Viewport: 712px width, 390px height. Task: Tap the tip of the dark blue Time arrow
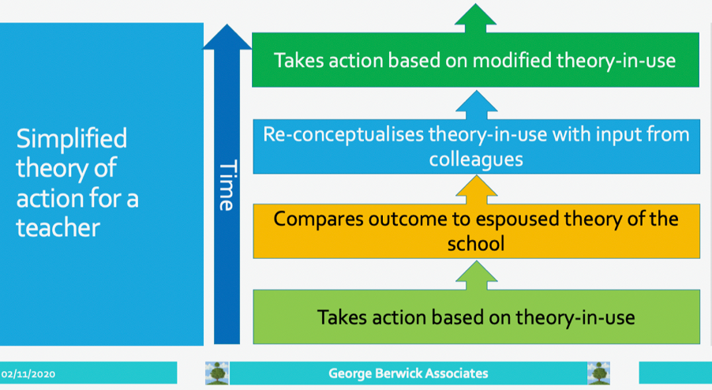coord(227,24)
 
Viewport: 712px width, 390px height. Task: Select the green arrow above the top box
coord(475,18)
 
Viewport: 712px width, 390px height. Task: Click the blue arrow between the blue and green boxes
coord(476,105)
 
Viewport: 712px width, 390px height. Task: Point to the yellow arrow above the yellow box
coord(476,190)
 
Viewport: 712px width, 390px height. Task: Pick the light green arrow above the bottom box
coord(476,276)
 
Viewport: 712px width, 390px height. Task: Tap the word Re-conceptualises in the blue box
coord(343,135)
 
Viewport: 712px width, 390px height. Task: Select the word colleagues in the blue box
coord(476,159)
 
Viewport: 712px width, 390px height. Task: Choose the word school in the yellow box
coord(476,244)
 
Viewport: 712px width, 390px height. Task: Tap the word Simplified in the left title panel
coord(72,139)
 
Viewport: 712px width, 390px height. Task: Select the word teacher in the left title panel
coord(58,227)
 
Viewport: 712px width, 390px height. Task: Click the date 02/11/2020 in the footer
coord(28,374)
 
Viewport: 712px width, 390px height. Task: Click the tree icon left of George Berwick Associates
coord(217,373)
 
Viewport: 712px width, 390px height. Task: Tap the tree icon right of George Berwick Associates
coord(598,373)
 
